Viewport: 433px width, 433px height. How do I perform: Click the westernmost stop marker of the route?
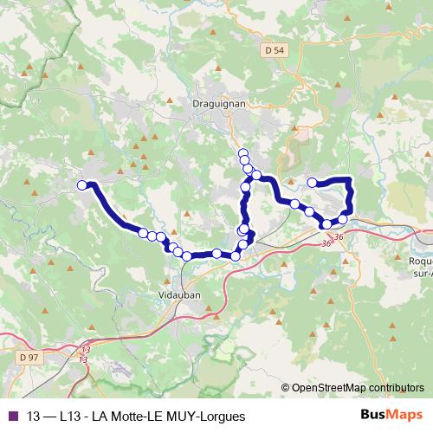(83, 184)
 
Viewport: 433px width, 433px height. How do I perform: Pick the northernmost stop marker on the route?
(243, 152)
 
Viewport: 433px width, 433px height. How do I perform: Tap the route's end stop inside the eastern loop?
(312, 183)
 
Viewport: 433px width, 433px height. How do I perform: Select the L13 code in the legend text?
(70, 416)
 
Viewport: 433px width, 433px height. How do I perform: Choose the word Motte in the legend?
(128, 416)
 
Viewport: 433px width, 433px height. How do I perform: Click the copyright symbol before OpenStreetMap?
(286, 388)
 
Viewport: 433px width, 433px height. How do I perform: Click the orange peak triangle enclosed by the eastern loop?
(333, 201)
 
